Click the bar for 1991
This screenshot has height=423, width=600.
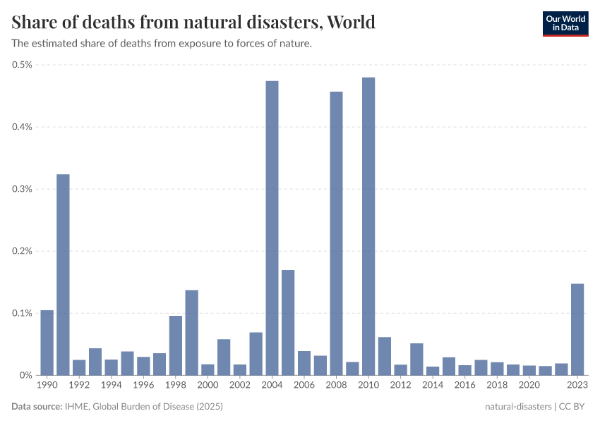(x=63, y=274)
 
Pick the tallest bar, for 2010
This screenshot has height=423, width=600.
(x=368, y=226)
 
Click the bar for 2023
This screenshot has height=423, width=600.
(x=577, y=329)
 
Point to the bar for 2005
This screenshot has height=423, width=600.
(x=288, y=322)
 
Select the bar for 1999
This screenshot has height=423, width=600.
(x=191, y=332)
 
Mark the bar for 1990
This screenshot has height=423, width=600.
(x=47, y=343)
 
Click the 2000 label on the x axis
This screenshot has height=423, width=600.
(x=208, y=386)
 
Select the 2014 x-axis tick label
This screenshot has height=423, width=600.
(x=433, y=386)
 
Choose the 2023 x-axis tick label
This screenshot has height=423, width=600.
(x=577, y=386)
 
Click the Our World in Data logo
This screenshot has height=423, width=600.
(x=565, y=23)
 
